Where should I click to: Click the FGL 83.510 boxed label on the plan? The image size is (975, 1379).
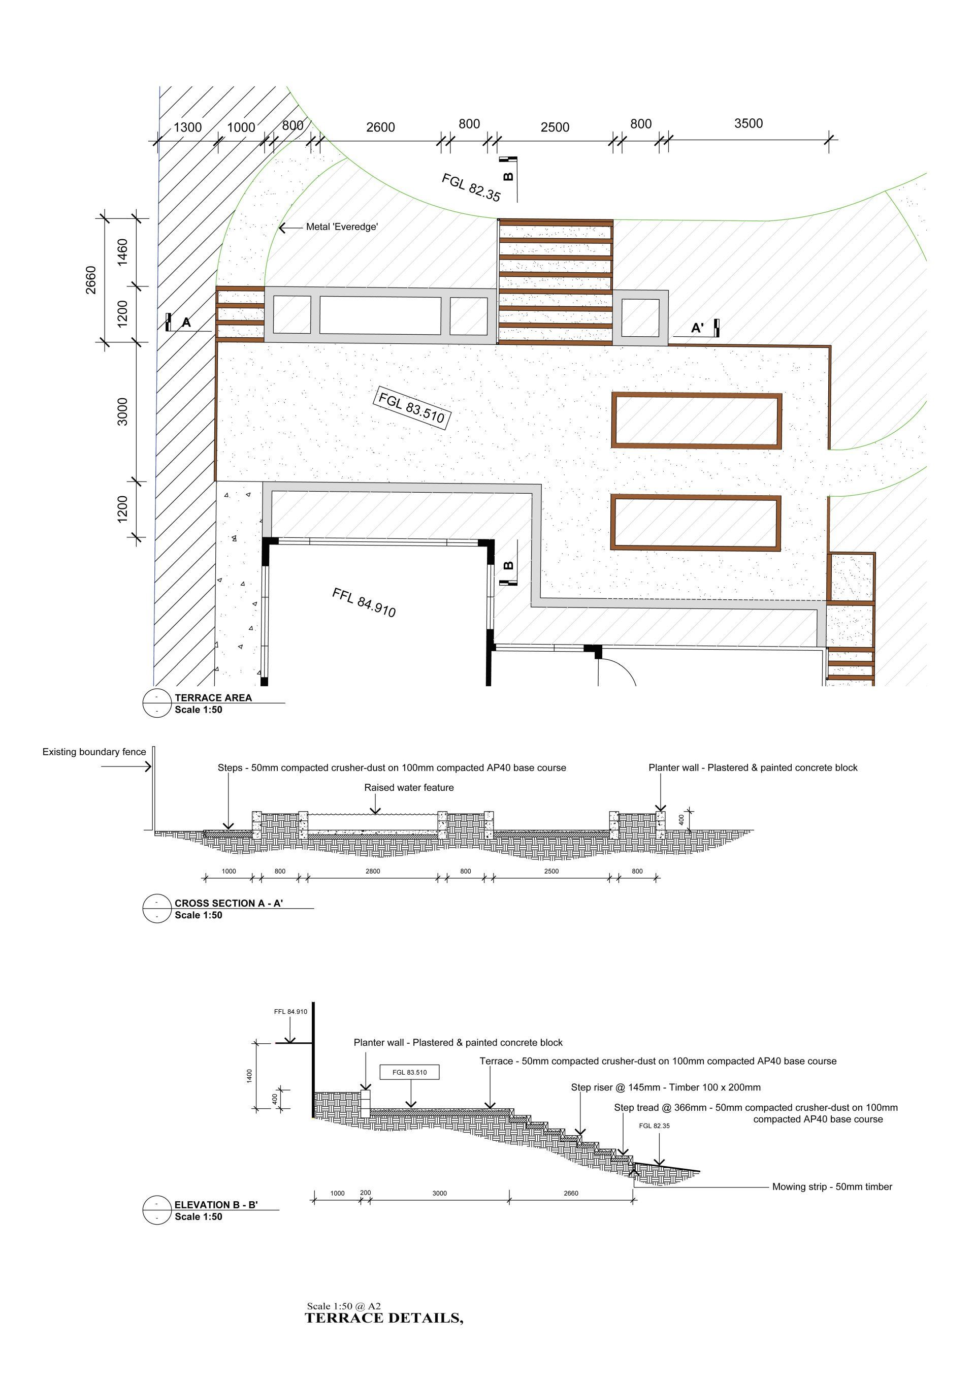412,408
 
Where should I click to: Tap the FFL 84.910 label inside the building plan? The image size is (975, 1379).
364,602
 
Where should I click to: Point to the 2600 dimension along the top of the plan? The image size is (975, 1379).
381,127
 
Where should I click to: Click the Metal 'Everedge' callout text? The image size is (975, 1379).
342,227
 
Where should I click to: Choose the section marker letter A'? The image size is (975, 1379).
697,328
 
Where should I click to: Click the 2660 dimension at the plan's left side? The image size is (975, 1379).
91,280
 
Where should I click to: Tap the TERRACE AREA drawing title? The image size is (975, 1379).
213,698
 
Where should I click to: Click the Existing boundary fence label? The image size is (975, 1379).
94,752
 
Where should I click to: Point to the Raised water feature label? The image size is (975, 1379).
409,787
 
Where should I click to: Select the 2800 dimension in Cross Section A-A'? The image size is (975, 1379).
372,872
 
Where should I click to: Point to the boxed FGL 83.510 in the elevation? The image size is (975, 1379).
409,1073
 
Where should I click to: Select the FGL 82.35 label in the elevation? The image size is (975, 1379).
654,1126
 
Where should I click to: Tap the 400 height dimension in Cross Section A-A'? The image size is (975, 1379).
681,819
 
